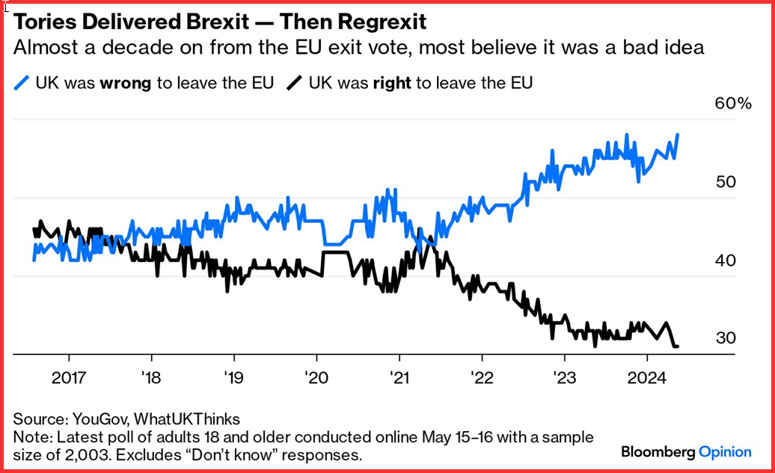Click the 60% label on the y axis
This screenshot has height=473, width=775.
pyautogui.click(x=733, y=104)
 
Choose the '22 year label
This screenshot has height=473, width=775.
pyautogui.click(x=480, y=376)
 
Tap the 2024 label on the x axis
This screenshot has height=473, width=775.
pyautogui.click(x=645, y=376)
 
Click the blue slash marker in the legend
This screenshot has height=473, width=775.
pyautogui.click(x=22, y=83)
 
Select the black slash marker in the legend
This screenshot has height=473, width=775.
pyautogui.click(x=295, y=83)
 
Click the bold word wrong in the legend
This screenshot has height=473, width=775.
pyautogui.click(x=125, y=83)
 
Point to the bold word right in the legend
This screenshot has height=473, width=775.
pyautogui.click(x=392, y=83)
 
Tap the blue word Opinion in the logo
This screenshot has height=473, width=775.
pyautogui.click(x=725, y=451)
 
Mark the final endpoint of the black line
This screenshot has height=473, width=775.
pyautogui.click(x=677, y=347)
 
